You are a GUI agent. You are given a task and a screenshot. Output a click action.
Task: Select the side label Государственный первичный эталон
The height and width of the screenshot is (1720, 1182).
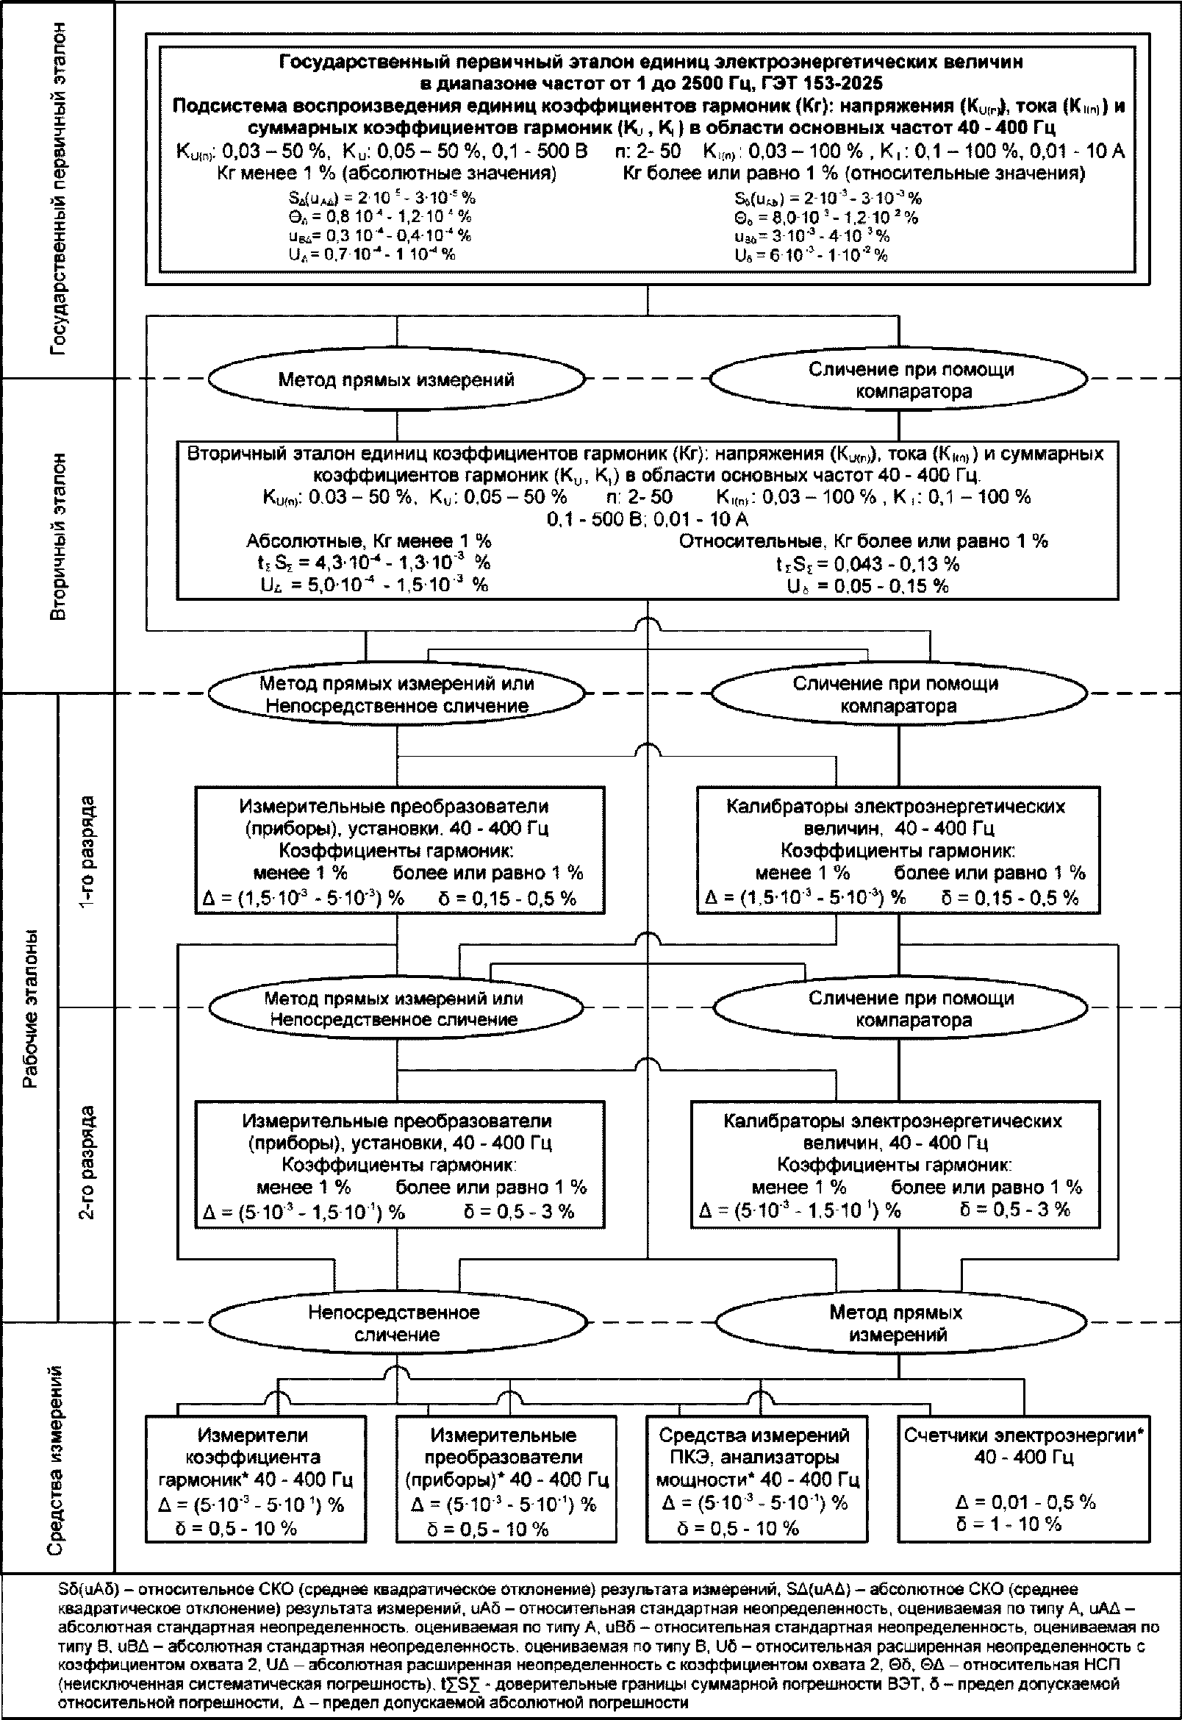[x=60, y=189]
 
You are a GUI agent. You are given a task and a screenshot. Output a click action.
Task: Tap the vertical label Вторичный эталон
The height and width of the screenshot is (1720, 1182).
[x=60, y=537]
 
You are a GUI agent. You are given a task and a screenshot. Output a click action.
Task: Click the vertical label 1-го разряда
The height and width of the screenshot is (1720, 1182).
[x=87, y=852]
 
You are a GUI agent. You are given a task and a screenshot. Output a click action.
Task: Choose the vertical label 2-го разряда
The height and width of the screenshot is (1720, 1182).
[x=87, y=1163]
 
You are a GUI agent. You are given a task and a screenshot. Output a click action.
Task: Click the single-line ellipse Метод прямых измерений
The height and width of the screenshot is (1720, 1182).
[x=395, y=380]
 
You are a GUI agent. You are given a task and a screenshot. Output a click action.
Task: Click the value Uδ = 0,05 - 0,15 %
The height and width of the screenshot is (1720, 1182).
[x=867, y=586]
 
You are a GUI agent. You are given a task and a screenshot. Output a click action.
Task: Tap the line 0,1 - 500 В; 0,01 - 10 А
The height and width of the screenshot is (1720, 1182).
[x=648, y=519]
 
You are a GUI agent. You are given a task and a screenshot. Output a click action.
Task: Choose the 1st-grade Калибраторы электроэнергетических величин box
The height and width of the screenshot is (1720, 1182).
[x=898, y=849]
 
